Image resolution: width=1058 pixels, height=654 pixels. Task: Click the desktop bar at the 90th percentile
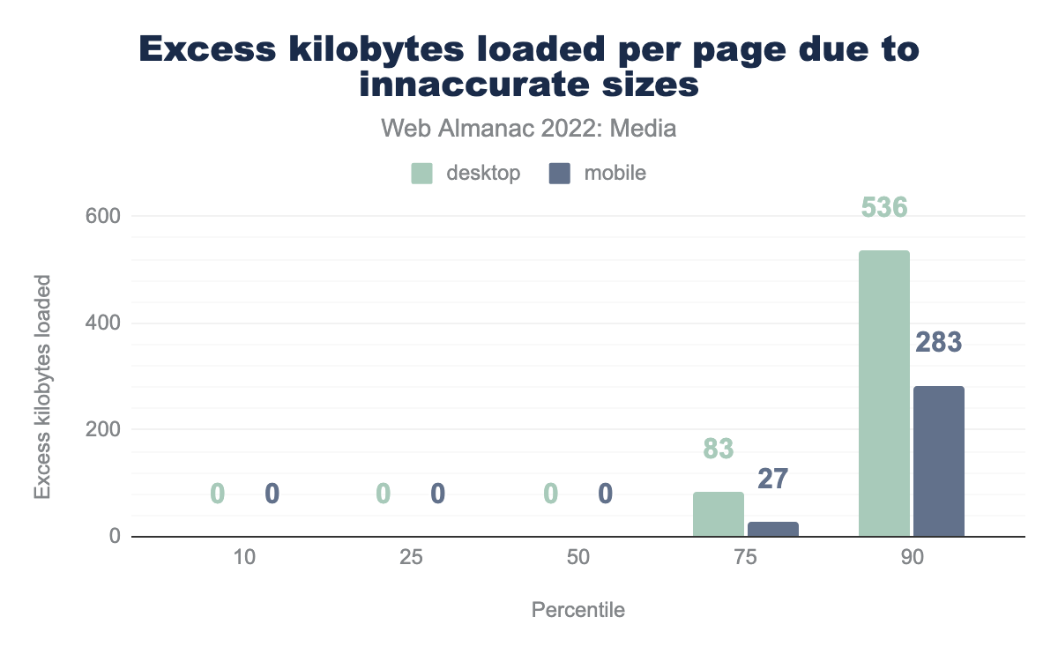(x=883, y=393)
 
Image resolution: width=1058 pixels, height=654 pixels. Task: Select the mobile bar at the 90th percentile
(x=939, y=461)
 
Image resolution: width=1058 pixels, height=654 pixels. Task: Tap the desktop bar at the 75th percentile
(x=719, y=514)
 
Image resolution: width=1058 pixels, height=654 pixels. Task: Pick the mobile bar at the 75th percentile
(x=773, y=529)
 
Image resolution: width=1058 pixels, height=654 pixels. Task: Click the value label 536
(x=883, y=208)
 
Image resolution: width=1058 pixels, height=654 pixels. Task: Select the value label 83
(x=719, y=450)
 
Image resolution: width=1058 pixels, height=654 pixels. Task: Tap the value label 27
(x=773, y=479)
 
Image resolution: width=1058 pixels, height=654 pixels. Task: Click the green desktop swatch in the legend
(x=421, y=174)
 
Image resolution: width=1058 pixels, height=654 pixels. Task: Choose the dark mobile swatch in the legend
(x=560, y=174)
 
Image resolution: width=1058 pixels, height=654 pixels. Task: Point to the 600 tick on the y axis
(x=102, y=216)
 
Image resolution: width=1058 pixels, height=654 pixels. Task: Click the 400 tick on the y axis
(x=102, y=323)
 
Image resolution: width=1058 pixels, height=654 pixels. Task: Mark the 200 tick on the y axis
(x=102, y=430)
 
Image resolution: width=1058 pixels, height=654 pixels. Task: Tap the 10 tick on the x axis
(x=245, y=558)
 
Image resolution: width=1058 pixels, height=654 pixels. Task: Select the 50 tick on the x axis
(x=577, y=558)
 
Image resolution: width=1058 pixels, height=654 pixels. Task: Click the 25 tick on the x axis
(x=411, y=558)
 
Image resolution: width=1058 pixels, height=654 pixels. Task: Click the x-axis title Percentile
(x=577, y=610)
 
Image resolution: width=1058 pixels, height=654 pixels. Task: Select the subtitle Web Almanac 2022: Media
(x=529, y=129)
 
